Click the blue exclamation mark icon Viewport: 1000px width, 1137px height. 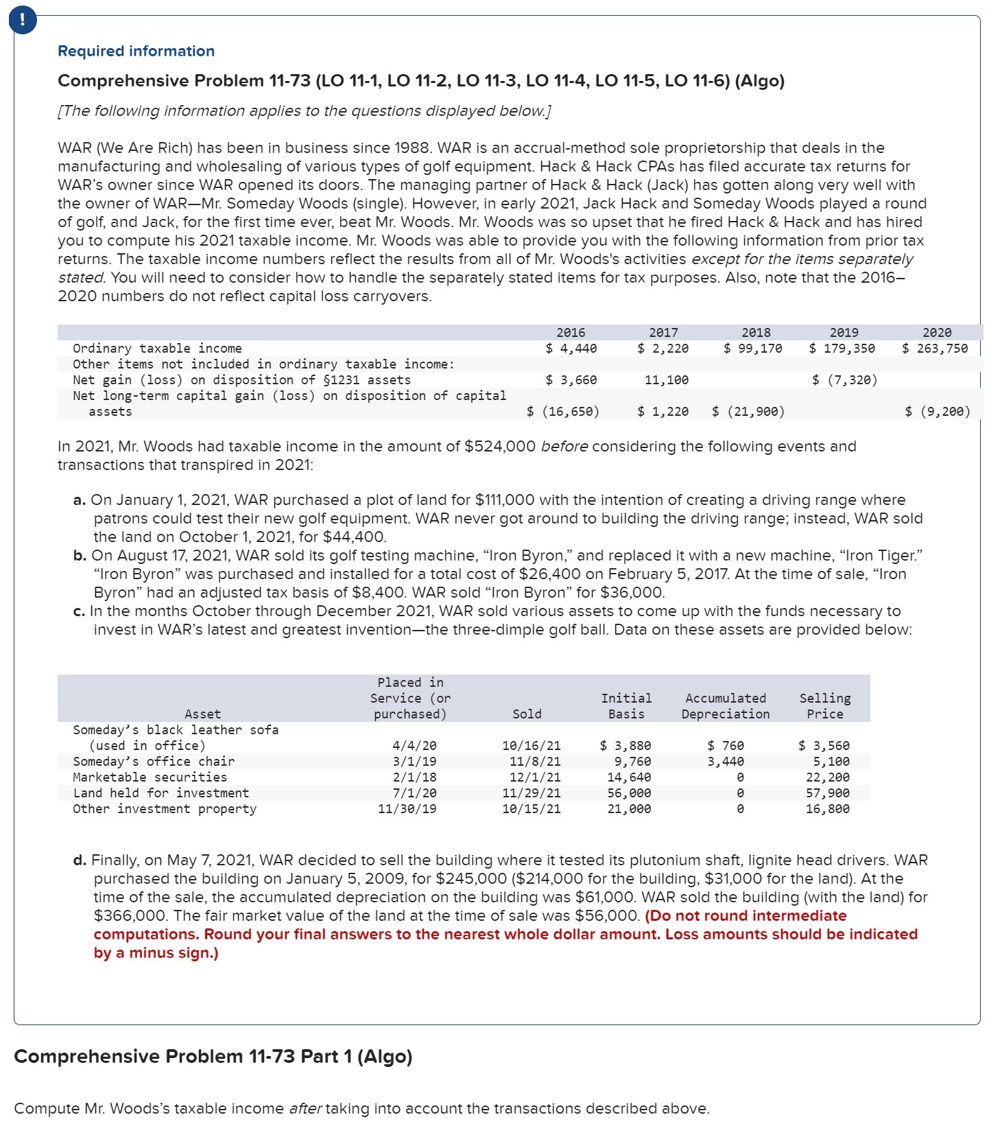23,20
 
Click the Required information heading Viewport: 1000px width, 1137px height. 136,51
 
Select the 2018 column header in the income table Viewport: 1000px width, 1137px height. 756,332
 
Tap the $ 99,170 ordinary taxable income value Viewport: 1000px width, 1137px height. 753,348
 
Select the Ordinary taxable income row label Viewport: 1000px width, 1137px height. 157,348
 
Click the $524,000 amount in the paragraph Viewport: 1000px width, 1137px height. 499,446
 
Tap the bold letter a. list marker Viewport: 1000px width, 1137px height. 79,500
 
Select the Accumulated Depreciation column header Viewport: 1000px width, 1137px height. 726,705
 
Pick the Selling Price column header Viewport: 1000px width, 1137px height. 824,705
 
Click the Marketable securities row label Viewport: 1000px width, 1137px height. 150,777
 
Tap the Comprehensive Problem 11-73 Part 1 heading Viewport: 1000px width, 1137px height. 213,1056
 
